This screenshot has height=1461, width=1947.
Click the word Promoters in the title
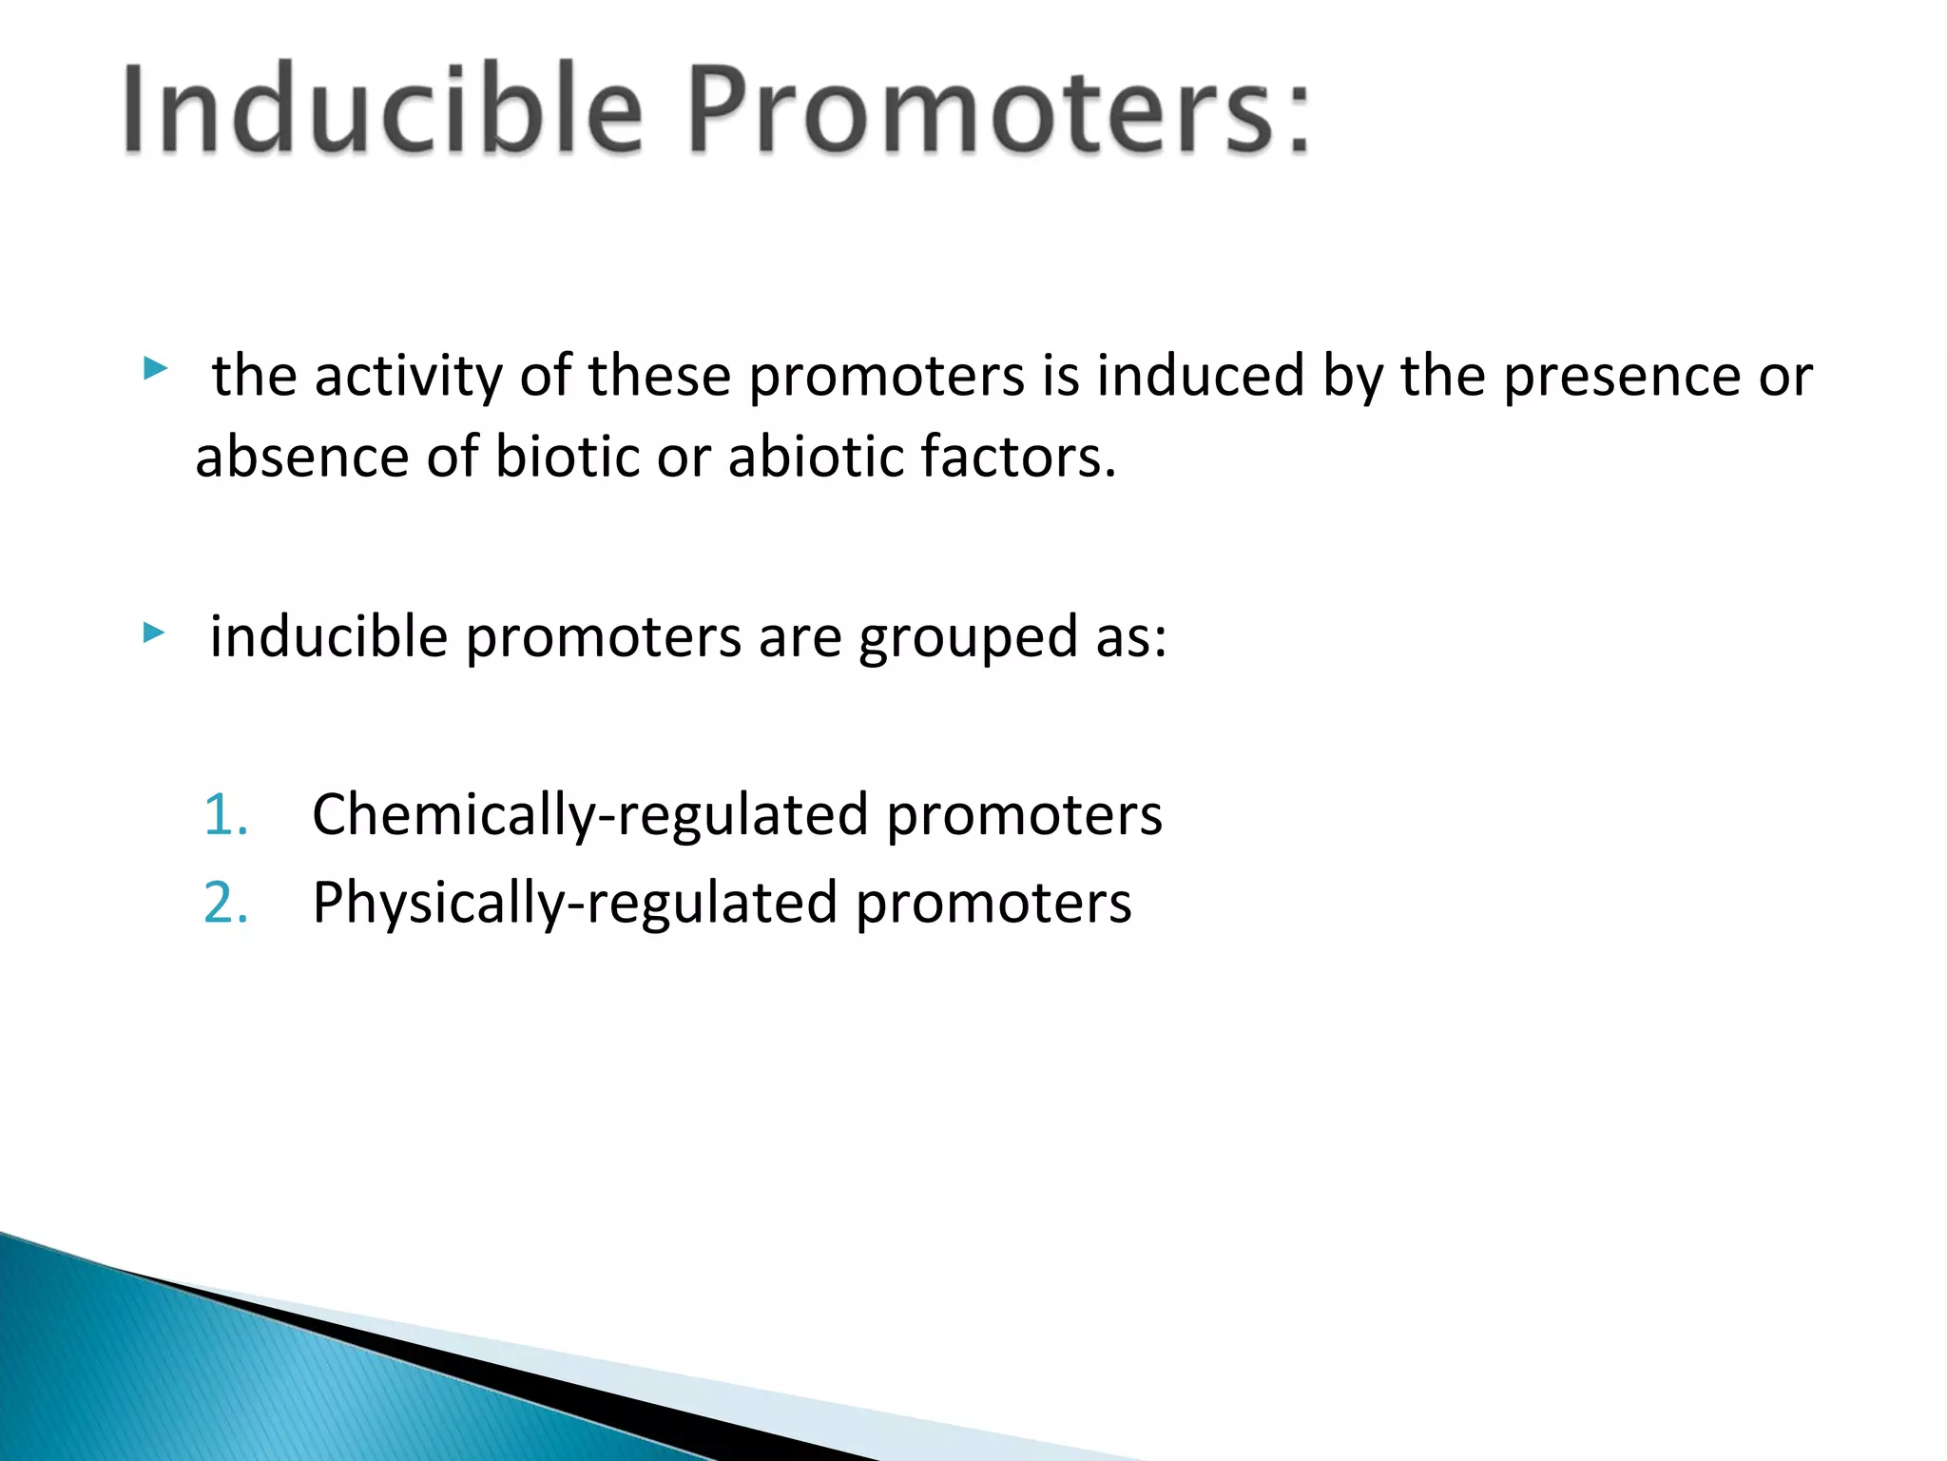(979, 109)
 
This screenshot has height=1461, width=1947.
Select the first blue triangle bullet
(155, 368)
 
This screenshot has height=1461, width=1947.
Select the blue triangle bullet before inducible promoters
(154, 632)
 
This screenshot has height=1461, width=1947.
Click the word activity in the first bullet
(408, 376)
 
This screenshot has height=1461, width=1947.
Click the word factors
(1017, 457)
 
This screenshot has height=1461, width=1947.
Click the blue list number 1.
(225, 815)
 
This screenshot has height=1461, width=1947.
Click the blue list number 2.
(226, 903)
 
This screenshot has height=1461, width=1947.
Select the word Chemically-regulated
(589, 815)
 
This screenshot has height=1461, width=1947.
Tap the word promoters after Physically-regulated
(993, 903)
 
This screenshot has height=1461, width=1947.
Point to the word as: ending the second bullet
(1130, 637)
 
